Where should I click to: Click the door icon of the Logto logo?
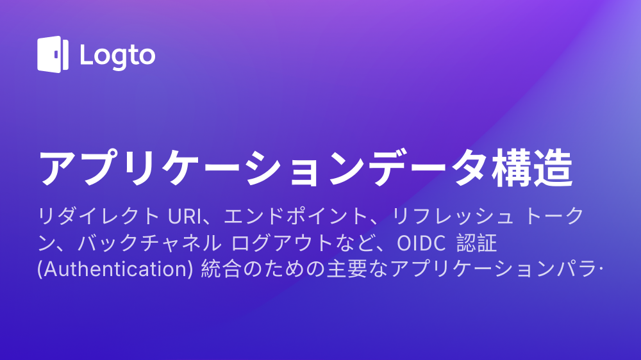pos(53,54)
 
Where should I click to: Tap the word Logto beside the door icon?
pos(118,56)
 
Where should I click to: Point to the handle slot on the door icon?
pos(56,54)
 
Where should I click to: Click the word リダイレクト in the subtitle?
pos(99,216)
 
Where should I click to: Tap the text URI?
pos(185,216)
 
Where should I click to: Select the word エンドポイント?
pos(296,216)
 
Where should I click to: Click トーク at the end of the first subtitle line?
pos(554,216)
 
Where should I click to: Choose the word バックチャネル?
pos(149,243)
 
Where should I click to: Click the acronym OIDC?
pos(421,243)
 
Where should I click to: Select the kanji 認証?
pos(477,243)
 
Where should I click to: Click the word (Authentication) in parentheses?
pos(115,269)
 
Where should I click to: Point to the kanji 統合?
pos(221,269)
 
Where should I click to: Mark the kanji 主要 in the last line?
pos(347,269)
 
